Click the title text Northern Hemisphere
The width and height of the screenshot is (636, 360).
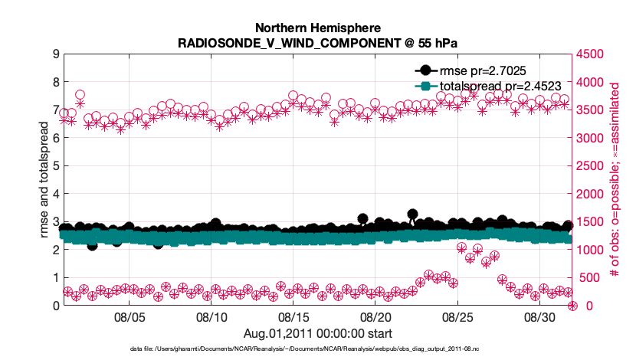317,28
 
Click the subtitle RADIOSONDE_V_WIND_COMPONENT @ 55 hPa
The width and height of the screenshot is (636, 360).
317,42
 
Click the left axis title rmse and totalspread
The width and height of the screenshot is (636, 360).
44,180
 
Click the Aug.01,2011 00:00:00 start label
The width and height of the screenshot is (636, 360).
317,333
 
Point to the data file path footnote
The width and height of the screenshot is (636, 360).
317,349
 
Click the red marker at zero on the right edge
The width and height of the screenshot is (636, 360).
572,306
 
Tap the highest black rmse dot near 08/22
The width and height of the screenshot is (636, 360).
412,214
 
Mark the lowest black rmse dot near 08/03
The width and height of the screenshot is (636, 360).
92,245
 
